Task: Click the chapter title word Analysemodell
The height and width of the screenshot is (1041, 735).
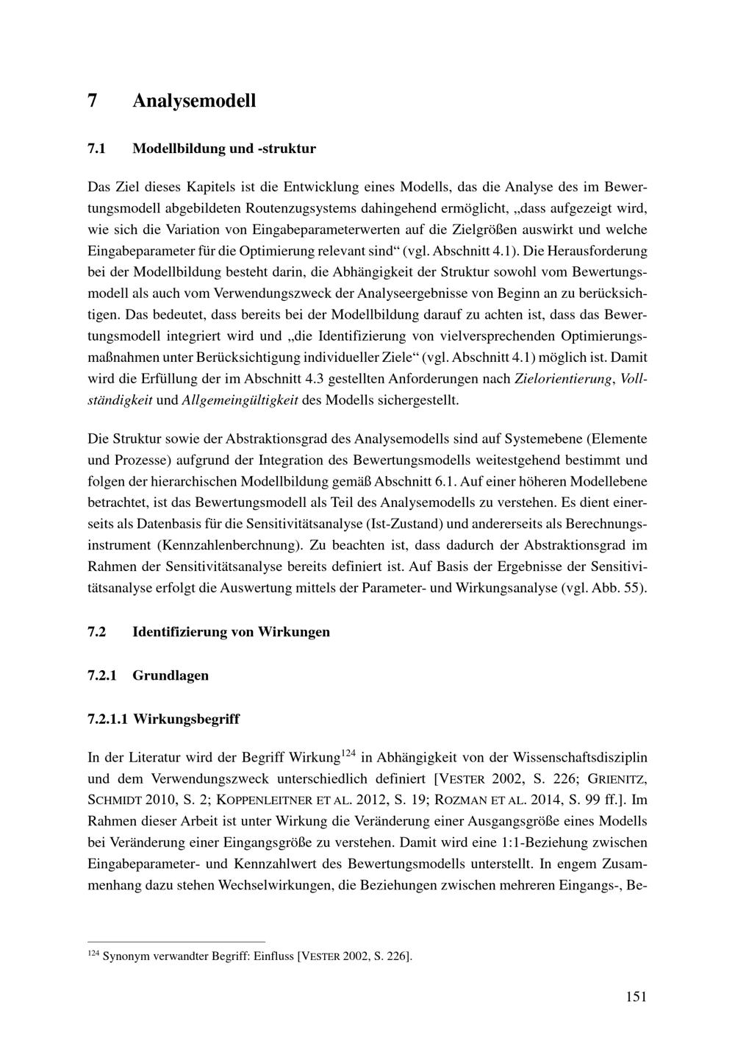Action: (x=194, y=100)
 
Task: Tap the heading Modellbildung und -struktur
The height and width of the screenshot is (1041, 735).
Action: (x=224, y=149)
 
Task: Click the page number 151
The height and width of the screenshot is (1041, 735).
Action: (x=637, y=997)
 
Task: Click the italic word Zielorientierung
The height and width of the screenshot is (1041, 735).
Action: (x=564, y=380)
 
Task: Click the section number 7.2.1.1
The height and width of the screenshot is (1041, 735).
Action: (x=107, y=719)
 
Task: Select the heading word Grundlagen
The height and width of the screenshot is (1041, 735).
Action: (x=171, y=675)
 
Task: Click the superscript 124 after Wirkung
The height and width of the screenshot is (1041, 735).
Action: (x=349, y=753)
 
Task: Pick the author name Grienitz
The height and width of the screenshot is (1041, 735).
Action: (x=616, y=778)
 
